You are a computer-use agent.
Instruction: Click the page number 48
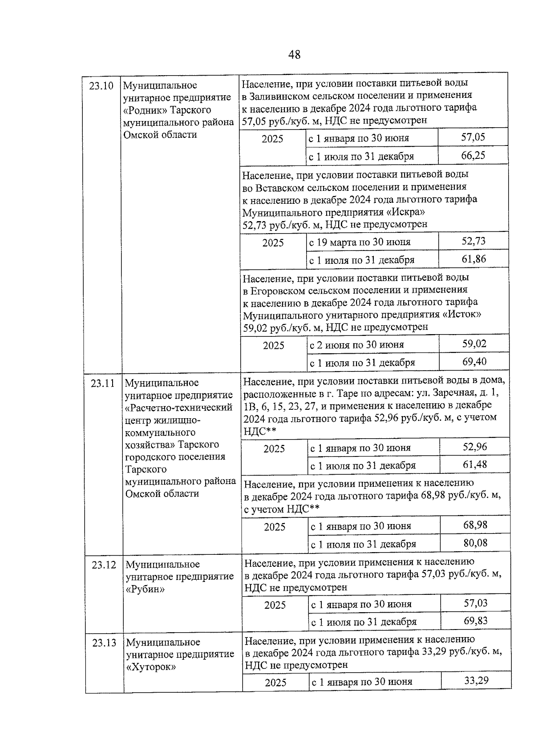294,55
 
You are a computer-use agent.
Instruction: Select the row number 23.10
101,86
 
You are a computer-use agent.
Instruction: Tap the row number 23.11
103,383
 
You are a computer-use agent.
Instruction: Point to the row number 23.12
104,565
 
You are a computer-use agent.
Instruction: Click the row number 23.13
104,642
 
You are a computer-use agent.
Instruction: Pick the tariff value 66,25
473,155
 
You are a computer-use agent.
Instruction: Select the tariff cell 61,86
474,259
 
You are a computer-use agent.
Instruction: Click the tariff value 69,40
474,361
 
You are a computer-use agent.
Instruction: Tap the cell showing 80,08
475,543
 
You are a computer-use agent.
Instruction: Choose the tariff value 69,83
476,621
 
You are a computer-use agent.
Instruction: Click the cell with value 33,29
476,680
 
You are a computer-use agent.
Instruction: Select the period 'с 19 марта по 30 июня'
360,242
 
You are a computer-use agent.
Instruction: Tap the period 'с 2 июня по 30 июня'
357,345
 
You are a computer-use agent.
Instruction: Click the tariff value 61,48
475,464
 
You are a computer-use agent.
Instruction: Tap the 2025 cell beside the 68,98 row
275,527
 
